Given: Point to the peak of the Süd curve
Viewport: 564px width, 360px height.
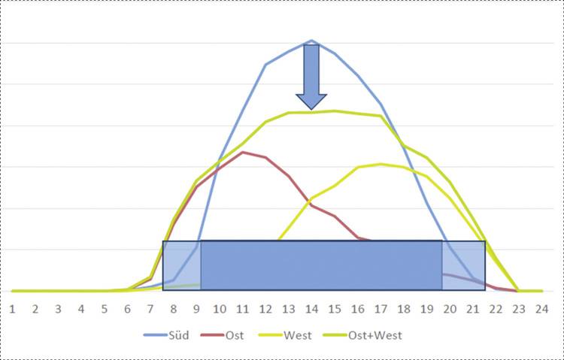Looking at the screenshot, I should pos(311,41).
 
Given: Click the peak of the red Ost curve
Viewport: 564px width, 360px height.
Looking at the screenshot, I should pos(242,152).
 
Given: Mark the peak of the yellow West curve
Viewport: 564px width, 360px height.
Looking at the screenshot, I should pos(381,164).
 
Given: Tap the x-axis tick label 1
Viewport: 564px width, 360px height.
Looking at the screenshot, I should pos(12,308).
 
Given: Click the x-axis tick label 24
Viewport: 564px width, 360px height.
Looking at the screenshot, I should pos(541,308).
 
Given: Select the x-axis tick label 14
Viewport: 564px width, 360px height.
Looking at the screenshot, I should pos(311,308).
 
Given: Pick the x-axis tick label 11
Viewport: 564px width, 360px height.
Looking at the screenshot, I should pos(242,308).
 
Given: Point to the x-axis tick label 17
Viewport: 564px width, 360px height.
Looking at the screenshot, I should pos(381,308).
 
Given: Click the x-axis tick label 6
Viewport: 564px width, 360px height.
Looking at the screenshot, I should pos(127,308).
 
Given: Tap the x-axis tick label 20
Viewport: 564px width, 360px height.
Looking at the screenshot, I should pos(450,308).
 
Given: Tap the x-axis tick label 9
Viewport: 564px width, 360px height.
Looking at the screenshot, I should pos(196,308).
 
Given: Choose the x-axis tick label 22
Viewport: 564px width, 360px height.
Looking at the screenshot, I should pos(496,308).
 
